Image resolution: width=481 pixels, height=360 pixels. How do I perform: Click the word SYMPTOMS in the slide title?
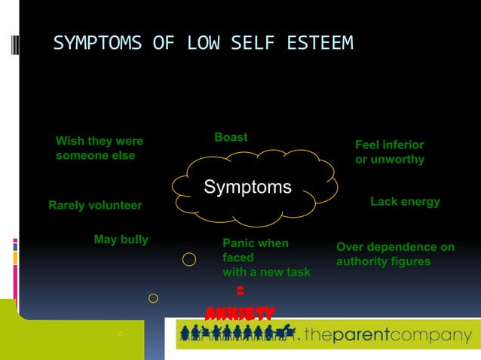point(97,44)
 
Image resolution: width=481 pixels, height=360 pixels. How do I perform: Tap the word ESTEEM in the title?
point(320,44)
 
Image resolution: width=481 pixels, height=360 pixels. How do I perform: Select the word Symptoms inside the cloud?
point(247,187)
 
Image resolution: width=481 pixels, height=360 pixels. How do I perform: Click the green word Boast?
point(231,137)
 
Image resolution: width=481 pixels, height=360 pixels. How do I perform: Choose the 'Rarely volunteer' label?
point(95,206)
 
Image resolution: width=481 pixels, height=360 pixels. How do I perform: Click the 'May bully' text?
point(121,239)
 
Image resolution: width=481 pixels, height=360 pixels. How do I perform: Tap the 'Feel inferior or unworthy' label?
point(390,152)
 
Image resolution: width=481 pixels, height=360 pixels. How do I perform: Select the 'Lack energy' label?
point(405,202)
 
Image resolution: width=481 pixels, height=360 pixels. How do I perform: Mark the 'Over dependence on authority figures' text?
point(395,254)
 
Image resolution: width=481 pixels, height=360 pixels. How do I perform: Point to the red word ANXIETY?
point(240,312)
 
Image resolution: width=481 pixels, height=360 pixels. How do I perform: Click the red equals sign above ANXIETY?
point(240,291)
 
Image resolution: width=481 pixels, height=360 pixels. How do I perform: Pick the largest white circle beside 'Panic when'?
point(190,260)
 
